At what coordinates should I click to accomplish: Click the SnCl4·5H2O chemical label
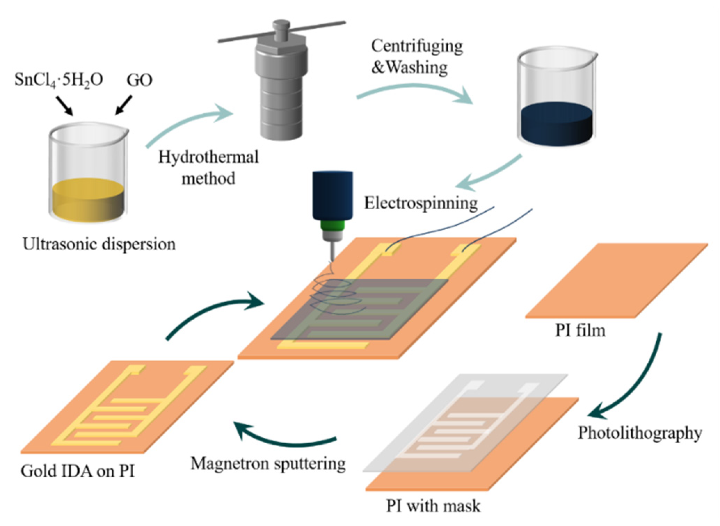coord(58,80)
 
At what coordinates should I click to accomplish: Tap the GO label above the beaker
coord(139,80)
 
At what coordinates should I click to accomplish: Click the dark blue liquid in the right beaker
coord(556,123)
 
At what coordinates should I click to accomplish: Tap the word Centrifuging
coord(417,46)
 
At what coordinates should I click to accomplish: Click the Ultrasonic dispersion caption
coord(99,244)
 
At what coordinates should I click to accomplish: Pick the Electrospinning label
coord(421,203)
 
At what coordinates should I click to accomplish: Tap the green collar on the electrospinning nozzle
coord(333,226)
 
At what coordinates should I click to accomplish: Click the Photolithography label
coord(640,433)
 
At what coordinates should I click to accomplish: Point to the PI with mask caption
coord(433,506)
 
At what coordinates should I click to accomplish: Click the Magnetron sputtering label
coord(268,463)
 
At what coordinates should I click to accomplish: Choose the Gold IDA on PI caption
coord(77,471)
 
